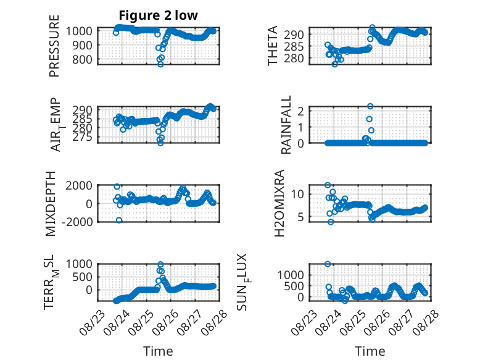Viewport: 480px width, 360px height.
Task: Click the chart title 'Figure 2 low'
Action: [159, 15]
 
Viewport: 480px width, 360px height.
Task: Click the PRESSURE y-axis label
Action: [54, 46]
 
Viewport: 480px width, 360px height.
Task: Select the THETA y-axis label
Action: [272, 46]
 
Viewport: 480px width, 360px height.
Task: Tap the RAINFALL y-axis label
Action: [286, 125]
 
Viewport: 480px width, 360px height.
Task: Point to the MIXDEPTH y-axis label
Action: [50, 204]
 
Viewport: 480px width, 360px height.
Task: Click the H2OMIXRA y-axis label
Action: [279, 203]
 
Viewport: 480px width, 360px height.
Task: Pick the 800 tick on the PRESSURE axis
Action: [82, 59]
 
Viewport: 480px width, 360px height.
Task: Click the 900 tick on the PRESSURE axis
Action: [82, 45]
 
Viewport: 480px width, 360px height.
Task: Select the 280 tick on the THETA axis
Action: [294, 58]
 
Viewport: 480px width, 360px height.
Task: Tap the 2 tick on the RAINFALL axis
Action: [300, 111]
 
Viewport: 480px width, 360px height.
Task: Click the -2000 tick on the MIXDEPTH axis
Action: [77, 222]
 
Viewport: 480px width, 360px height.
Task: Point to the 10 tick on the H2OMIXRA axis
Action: [297, 194]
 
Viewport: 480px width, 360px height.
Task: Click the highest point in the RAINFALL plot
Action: [370, 106]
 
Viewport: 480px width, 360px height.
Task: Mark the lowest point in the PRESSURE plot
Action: [160, 64]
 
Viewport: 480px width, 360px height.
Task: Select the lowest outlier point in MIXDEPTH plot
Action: [119, 220]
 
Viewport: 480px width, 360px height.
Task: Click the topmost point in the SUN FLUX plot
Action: [328, 264]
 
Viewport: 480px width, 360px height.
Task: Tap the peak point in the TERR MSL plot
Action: [160, 264]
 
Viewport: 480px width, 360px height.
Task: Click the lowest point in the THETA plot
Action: [335, 64]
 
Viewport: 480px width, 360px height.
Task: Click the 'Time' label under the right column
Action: [370, 351]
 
